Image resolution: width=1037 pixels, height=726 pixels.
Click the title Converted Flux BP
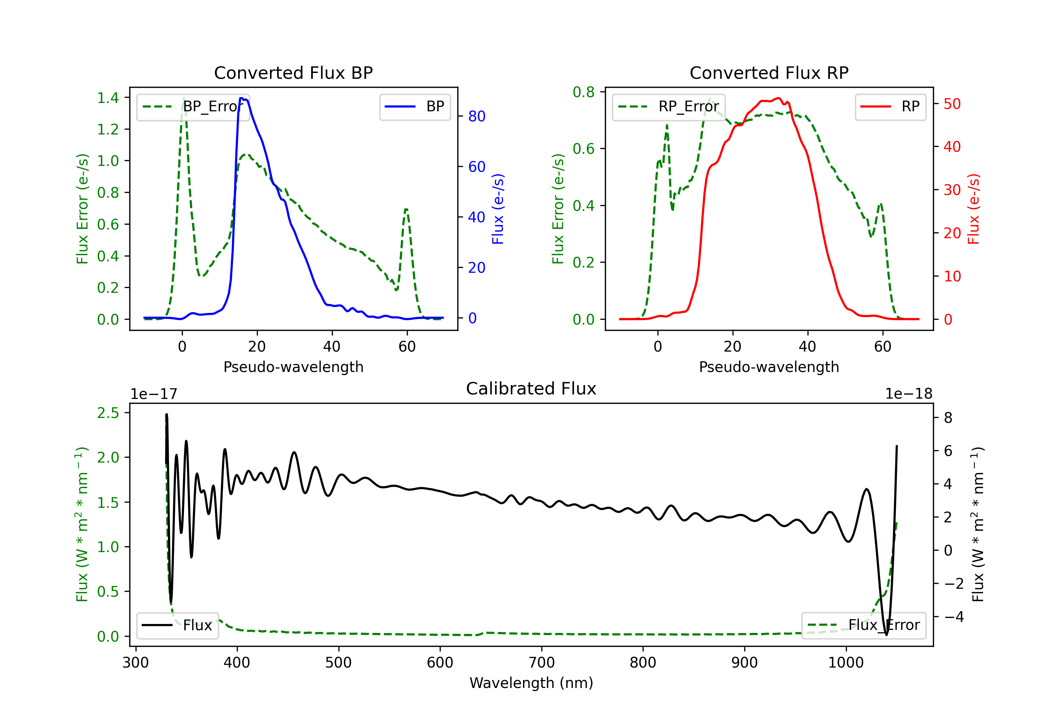[x=293, y=73]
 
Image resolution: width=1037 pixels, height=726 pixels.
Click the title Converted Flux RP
[x=769, y=73]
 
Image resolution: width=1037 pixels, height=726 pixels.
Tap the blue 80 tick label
[x=476, y=117]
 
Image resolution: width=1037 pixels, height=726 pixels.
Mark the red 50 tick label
[x=952, y=104]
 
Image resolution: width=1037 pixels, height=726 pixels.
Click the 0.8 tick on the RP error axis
[x=583, y=92]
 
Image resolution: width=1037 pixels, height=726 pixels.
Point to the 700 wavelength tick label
[x=542, y=663]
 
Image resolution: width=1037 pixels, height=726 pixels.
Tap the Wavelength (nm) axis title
[x=531, y=683]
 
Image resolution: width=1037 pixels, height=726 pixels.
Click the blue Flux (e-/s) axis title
[x=498, y=209]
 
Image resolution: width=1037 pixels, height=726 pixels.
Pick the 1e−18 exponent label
[x=909, y=394]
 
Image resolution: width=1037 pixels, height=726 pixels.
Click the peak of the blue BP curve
[x=242, y=98]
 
